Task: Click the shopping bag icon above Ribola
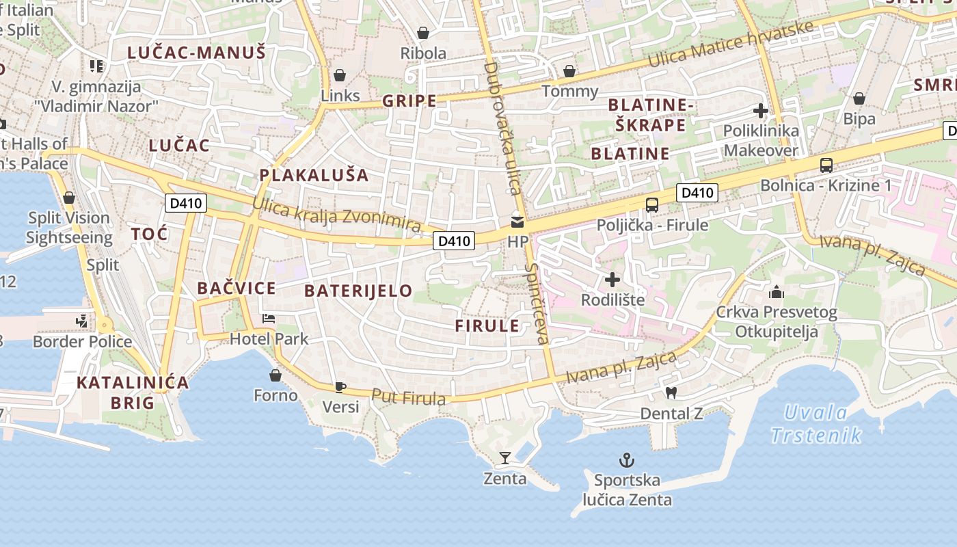[423, 33]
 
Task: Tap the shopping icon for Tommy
[569, 71]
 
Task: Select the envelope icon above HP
[517, 222]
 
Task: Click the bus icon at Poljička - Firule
[652, 204]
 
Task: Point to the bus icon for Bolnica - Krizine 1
[826, 165]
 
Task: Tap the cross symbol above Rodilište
[612, 280]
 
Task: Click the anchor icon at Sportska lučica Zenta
[626, 459]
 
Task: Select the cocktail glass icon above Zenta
[505, 457]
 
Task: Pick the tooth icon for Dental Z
[671, 393]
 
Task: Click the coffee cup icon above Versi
[340, 387]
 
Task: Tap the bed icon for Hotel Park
[269, 319]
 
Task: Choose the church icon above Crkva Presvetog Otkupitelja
[777, 293]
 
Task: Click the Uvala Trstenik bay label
[816, 423]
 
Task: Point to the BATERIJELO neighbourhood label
[358, 291]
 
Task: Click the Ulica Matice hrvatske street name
[731, 44]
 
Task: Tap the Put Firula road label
[409, 397]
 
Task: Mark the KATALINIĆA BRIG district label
[133, 392]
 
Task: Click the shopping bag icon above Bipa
[859, 98]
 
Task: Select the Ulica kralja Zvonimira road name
[336, 214]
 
